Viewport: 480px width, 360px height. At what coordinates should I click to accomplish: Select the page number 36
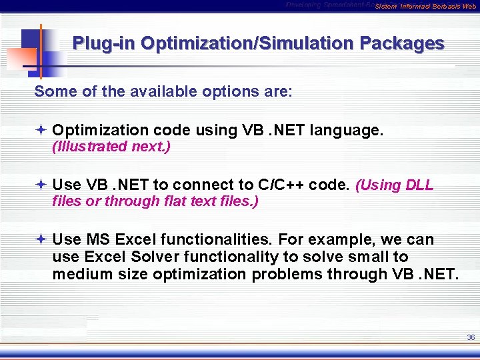click(x=471, y=338)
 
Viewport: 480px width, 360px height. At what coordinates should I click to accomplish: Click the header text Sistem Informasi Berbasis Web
click(x=425, y=7)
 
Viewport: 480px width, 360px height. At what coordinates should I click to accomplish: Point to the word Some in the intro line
click(x=51, y=91)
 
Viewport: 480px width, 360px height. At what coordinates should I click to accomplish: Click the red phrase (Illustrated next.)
click(x=111, y=147)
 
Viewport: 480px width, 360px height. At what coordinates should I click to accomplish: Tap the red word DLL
click(x=419, y=185)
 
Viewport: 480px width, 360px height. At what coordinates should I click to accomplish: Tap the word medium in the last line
click(x=80, y=274)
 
